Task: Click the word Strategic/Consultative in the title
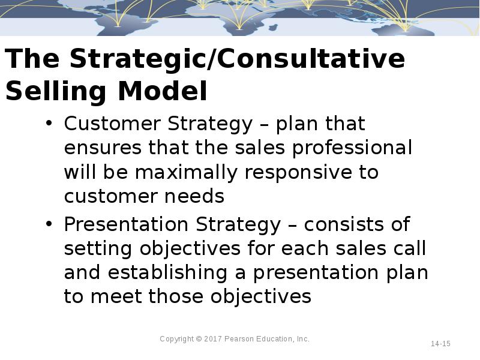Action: (x=237, y=60)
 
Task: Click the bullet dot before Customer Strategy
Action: (x=49, y=124)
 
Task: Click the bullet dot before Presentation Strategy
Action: (x=49, y=225)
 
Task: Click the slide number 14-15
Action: (x=440, y=344)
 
